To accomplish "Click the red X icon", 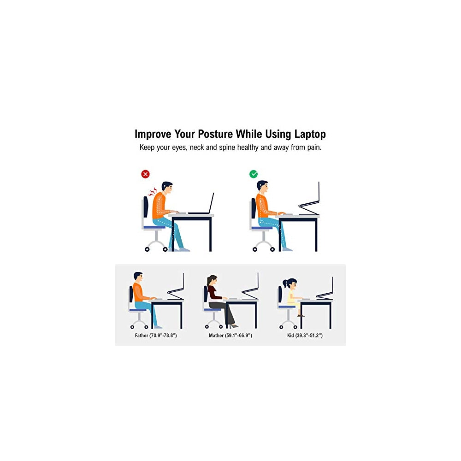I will click(146, 174).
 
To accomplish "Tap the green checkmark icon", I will click(254, 174).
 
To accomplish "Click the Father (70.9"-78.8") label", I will click(156, 336).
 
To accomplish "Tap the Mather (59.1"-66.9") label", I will click(230, 336).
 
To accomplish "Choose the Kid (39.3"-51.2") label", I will click(305, 336).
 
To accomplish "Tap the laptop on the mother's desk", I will click(251, 289).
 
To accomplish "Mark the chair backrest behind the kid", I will click(280, 295).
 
